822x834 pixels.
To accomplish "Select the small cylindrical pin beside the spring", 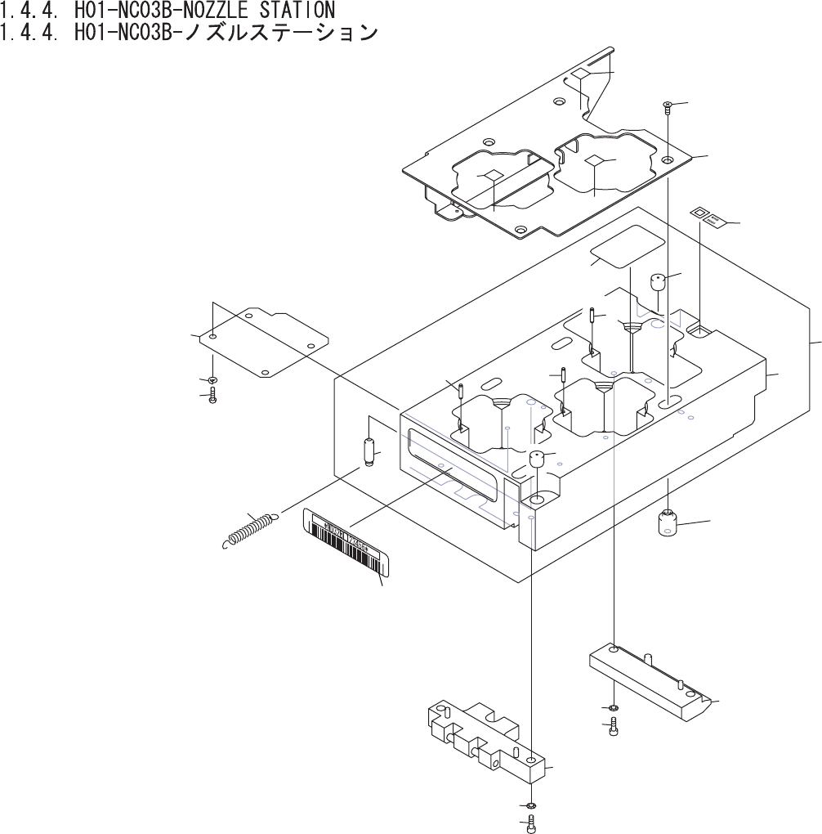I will pyautogui.click(x=369, y=452).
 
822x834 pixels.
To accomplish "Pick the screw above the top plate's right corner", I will pyautogui.click(x=668, y=105).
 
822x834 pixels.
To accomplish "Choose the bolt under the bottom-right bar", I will pyautogui.click(x=613, y=726).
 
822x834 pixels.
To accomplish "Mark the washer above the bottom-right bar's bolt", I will pyautogui.click(x=613, y=707).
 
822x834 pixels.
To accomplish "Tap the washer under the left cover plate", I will pyautogui.click(x=212, y=380).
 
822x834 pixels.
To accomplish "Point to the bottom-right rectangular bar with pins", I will pyautogui.click(x=651, y=680).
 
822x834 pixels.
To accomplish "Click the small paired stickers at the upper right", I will pyautogui.click(x=708, y=217).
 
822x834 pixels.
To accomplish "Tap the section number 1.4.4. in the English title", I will pyautogui.click(x=32, y=11).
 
